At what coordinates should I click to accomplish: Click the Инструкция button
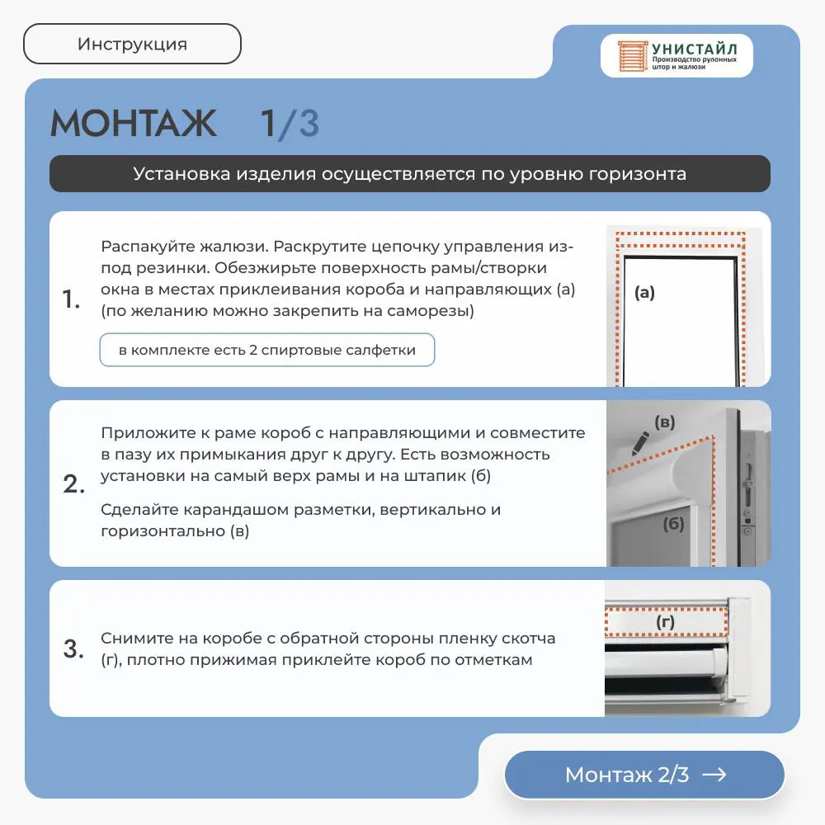click(x=132, y=44)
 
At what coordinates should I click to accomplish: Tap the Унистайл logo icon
click(x=632, y=56)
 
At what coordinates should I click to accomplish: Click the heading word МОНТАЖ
click(x=133, y=123)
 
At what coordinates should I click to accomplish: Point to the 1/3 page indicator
click(x=290, y=124)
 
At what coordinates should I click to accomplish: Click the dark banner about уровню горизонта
click(x=410, y=173)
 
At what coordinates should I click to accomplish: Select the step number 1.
click(x=71, y=299)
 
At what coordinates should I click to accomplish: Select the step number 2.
click(x=73, y=484)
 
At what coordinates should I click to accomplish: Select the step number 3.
click(x=73, y=648)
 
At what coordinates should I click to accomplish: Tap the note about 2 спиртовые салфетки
click(x=267, y=350)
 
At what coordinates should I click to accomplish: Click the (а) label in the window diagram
click(x=644, y=293)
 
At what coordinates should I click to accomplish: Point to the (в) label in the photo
click(x=664, y=422)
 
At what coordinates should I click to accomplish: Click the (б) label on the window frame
click(x=673, y=524)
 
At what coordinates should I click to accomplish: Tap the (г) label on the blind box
click(x=666, y=622)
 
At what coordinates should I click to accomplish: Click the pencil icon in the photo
click(x=640, y=444)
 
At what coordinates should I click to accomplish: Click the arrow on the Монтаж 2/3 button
click(x=714, y=775)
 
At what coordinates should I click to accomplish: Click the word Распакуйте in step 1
click(x=139, y=246)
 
